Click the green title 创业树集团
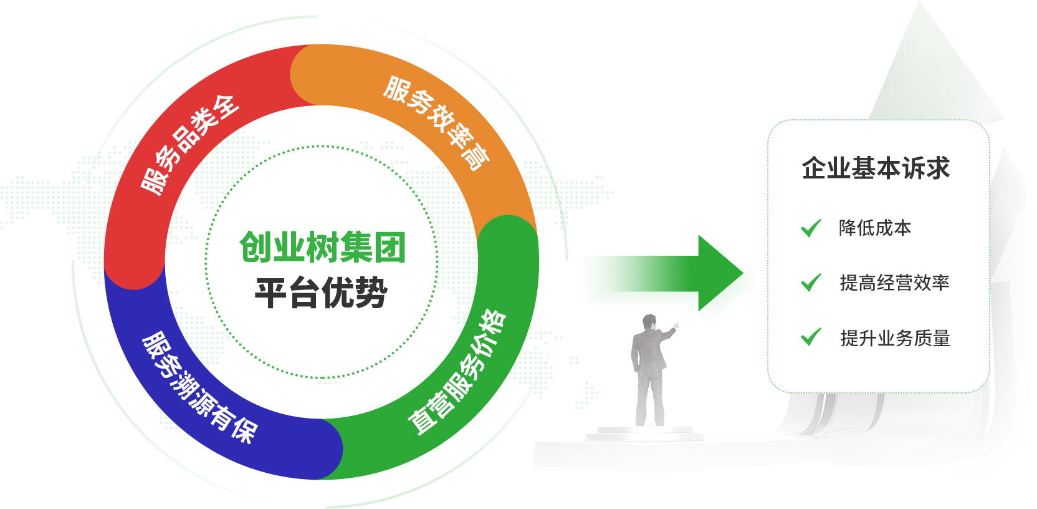click(x=323, y=247)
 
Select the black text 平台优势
click(x=321, y=293)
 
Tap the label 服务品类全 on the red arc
click(x=190, y=145)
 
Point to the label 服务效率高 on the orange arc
click(x=437, y=123)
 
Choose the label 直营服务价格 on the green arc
click(x=457, y=372)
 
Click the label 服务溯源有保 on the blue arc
click(x=199, y=387)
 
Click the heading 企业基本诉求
click(x=876, y=168)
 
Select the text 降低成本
click(x=875, y=228)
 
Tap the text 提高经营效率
click(x=895, y=283)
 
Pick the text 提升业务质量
click(x=896, y=338)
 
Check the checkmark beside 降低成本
click(x=811, y=228)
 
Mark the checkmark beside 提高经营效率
click(x=811, y=283)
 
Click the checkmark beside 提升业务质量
click(x=811, y=337)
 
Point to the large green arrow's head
click(x=720, y=273)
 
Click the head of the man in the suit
click(x=649, y=322)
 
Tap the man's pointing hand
click(x=676, y=326)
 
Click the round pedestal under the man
click(x=644, y=434)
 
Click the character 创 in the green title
click(x=255, y=247)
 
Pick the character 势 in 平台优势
click(x=372, y=293)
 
